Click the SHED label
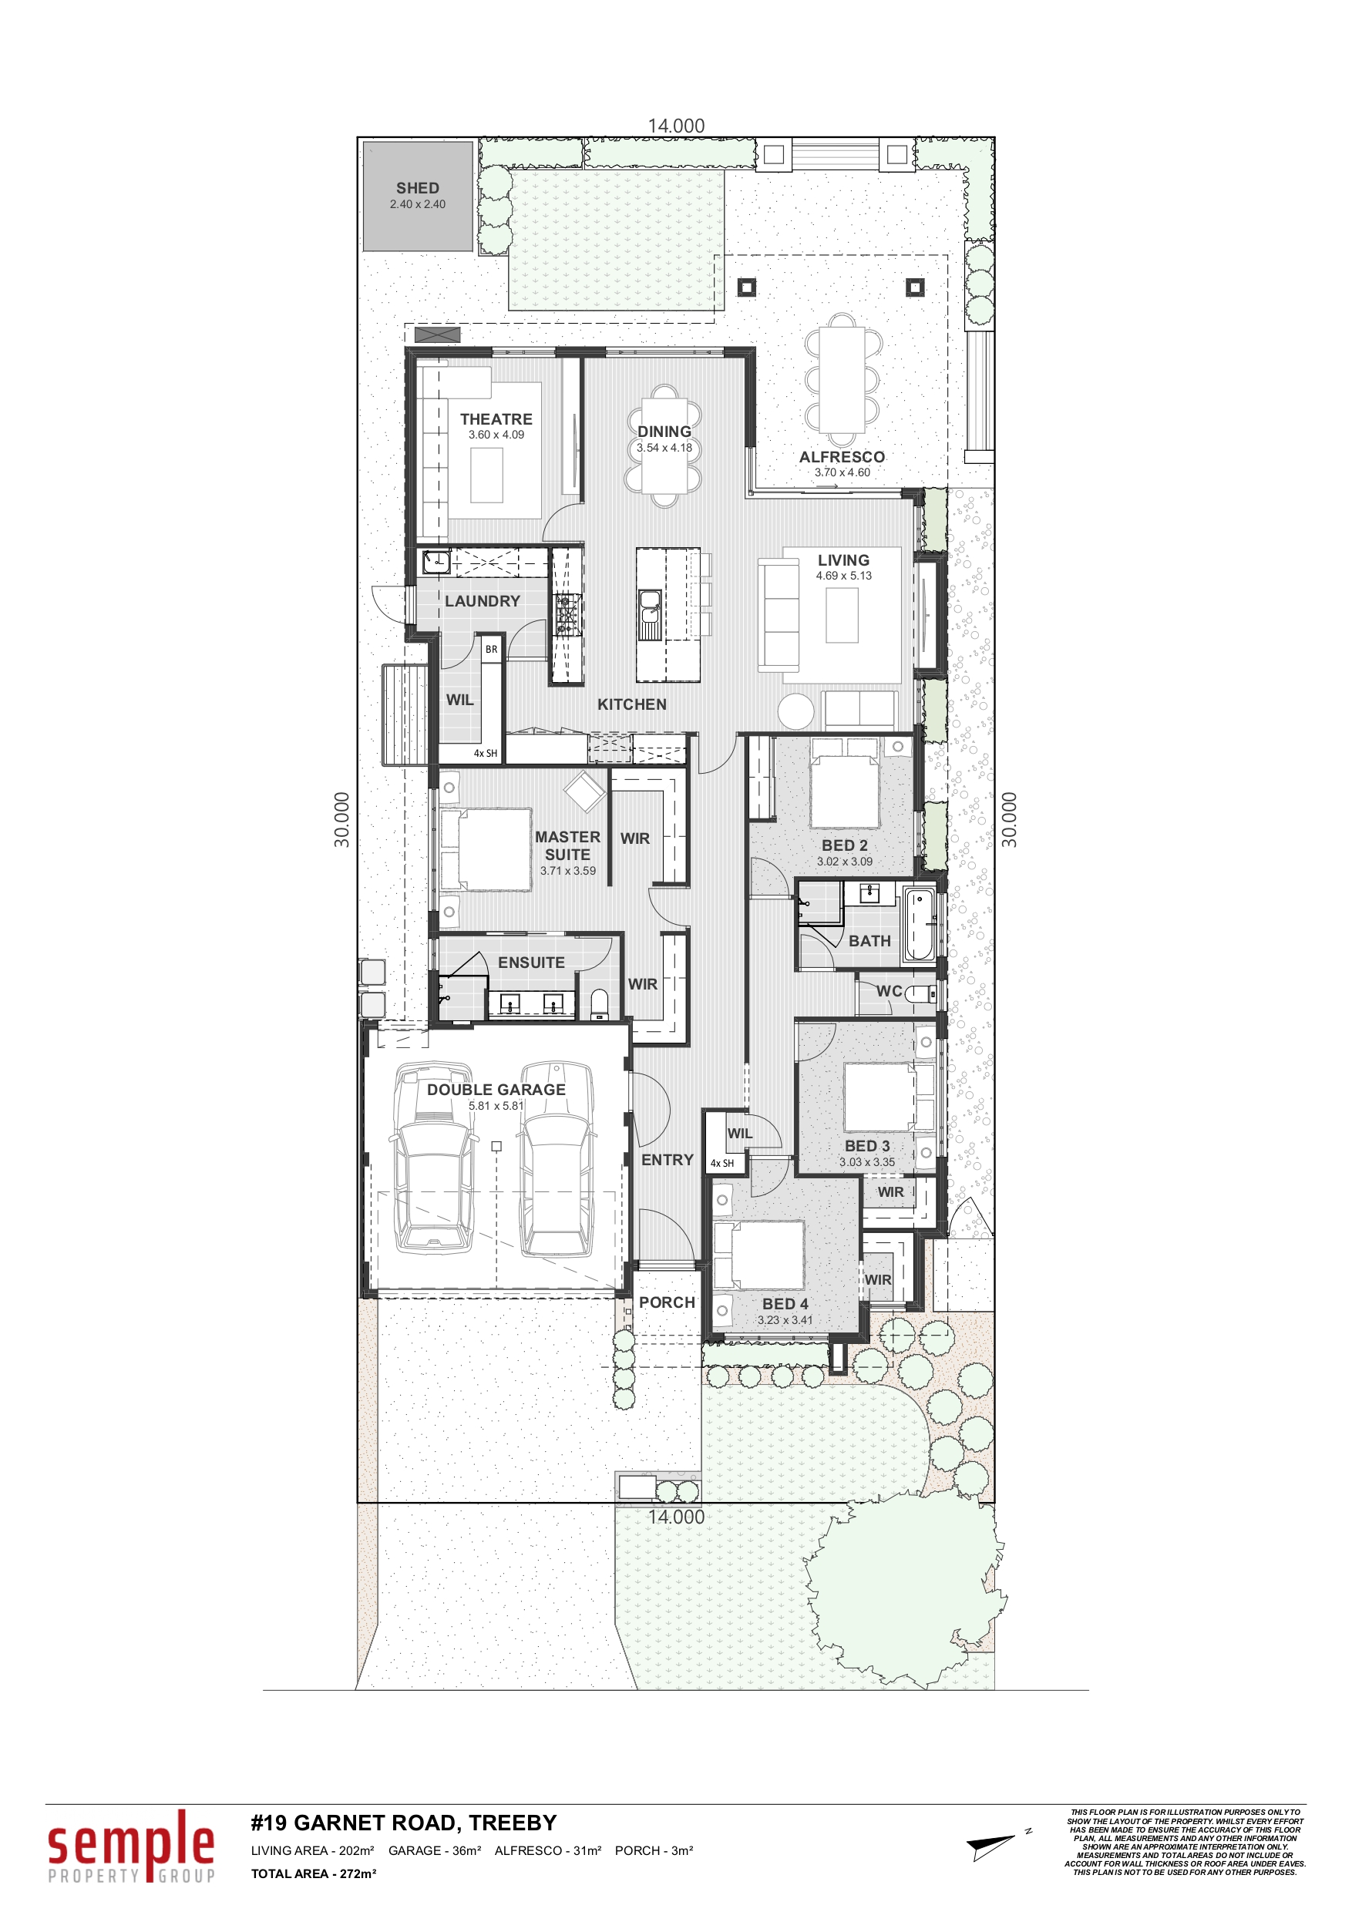pyautogui.click(x=417, y=188)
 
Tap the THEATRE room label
pyautogui.click(x=496, y=419)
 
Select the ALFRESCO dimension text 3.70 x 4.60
pyautogui.click(x=842, y=472)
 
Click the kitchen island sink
pyautogui.click(x=650, y=614)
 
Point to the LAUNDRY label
pyautogui.click(x=483, y=601)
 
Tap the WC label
pyautogui.click(x=889, y=991)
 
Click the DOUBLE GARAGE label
pyautogui.click(x=496, y=1089)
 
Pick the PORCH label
pyautogui.click(x=667, y=1302)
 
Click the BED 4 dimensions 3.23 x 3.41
pyautogui.click(x=785, y=1320)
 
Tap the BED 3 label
pyautogui.click(x=867, y=1146)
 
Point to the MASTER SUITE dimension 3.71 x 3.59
pyautogui.click(x=567, y=871)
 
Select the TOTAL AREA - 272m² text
pyautogui.click(x=314, y=1873)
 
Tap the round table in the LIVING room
pyautogui.click(x=795, y=711)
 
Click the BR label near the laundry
pyautogui.click(x=492, y=650)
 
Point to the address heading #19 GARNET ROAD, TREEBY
pyautogui.click(x=404, y=1823)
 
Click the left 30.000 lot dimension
pyautogui.click(x=342, y=820)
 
